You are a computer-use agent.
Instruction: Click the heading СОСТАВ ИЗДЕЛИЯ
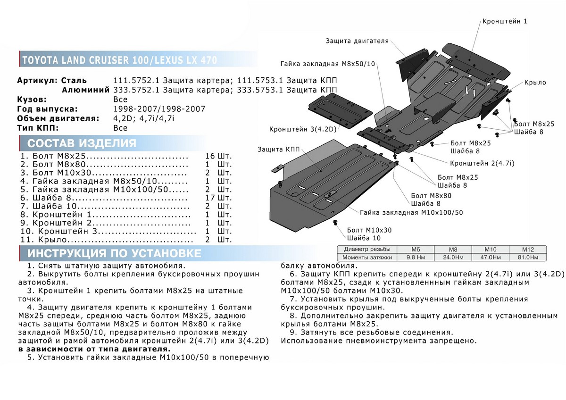[x=82, y=143]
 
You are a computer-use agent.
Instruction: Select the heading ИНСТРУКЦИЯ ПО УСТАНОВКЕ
[x=114, y=253]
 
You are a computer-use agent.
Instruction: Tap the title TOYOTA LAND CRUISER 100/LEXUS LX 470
[x=117, y=60]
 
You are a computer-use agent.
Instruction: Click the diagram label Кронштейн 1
[x=504, y=21]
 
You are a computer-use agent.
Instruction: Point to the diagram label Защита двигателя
[x=357, y=41]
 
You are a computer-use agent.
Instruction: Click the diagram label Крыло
[x=534, y=83]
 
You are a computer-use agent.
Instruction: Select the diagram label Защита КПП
[x=277, y=150]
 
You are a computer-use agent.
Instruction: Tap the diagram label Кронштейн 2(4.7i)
[x=482, y=163]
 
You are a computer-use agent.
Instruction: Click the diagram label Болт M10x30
[x=369, y=230]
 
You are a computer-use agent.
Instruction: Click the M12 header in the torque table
[x=527, y=249]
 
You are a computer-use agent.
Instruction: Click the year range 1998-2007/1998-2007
[x=159, y=109]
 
